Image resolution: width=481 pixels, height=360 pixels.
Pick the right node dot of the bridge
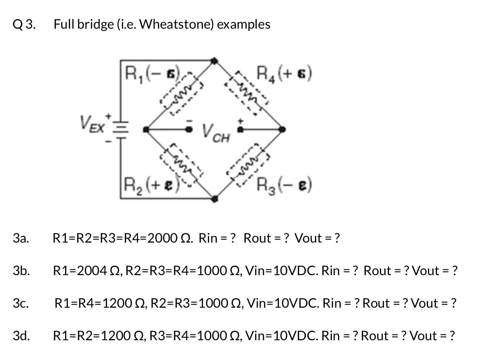pos(283,129)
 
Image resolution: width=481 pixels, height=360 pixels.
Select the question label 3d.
pos(21,336)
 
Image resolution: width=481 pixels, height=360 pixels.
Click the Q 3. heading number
pos(24,24)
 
